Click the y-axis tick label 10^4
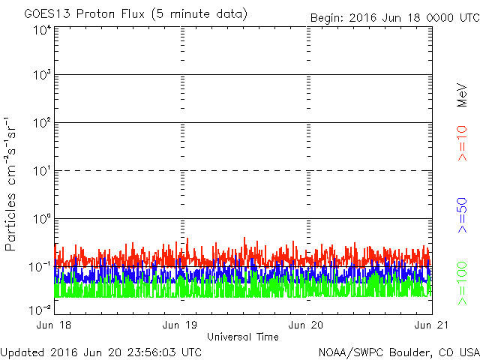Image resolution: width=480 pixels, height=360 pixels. pyautogui.click(x=42, y=30)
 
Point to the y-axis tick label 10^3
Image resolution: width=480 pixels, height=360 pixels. pyautogui.click(x=42, y=76)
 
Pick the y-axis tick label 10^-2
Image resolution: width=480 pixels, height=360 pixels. pyautogui.click(x=40, y=309)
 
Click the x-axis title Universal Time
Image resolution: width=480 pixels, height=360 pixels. pyautogui.click(x=243, y=337)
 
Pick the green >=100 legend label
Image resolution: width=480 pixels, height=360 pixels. pyautogui.click(x=463, y=283)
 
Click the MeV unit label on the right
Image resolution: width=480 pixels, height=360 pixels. pyautogui.click(x=463, y=95)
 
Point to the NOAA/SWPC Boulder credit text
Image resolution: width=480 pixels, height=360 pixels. pyautogui.click(x=398, y=352)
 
